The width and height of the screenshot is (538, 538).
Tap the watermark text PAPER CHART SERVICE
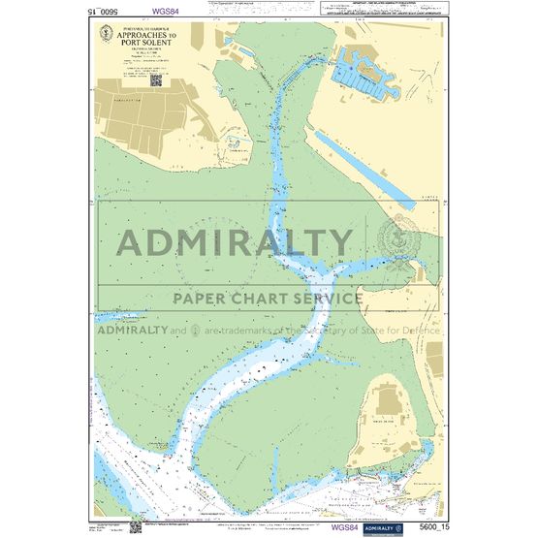(268, 298)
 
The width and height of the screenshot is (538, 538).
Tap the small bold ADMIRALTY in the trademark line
(131, 330)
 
